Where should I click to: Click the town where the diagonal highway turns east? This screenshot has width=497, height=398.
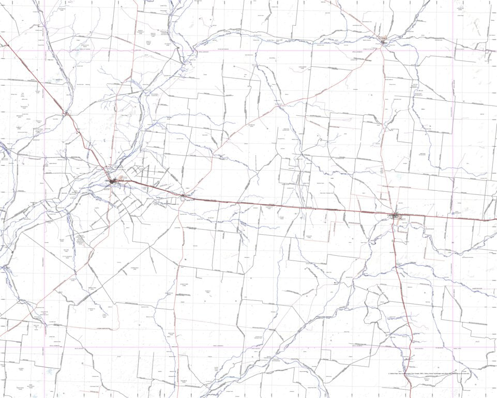pyautogui.click(x=112, y=181)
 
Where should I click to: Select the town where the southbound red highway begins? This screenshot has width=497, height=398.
pyautogui.click(x=395, y=215)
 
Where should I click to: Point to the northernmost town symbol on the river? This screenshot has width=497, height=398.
pyautogui.click(x=383, y=41)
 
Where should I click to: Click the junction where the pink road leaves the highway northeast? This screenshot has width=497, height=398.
pyautogui.click(x=183, y=196)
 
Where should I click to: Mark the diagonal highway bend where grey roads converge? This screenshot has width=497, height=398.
pyautogui.click(x=66, y=113)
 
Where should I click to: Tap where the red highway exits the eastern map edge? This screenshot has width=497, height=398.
pyautogui.click(x=495, y=220)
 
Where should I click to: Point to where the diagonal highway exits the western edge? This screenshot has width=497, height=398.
pyautogui.click(x=1, y=36)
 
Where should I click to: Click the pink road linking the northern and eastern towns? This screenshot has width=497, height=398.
pyautogui.click(x=385, y=129)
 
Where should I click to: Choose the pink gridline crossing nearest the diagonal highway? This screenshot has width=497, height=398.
pyautogui.click(x=44, y=50)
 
